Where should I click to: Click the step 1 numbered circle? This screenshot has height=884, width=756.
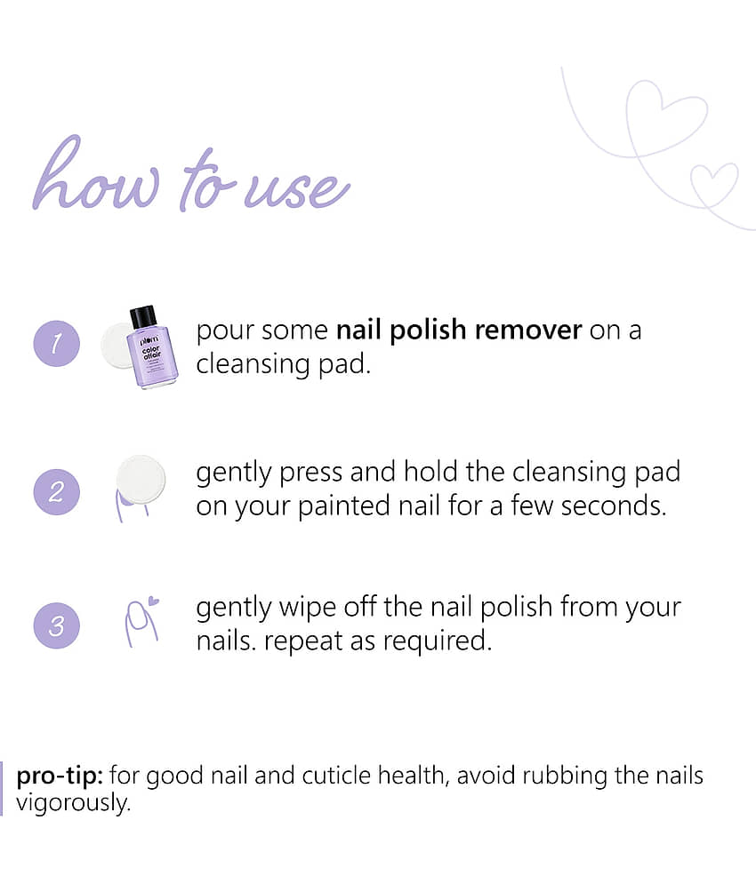pos(56,343)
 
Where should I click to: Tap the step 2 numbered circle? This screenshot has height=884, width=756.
pos(56,491)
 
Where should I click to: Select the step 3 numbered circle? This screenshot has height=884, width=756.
pos(56,625)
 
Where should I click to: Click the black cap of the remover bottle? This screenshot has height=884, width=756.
pos(143,317)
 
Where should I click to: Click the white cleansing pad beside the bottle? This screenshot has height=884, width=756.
pos(117,346)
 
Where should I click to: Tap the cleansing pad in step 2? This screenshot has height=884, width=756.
pos(141,480)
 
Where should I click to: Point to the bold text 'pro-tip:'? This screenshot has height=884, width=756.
pos(60,776)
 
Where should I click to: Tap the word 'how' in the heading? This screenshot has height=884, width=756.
pos(96,175)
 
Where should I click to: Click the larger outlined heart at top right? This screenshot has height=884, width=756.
pos(667,118)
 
